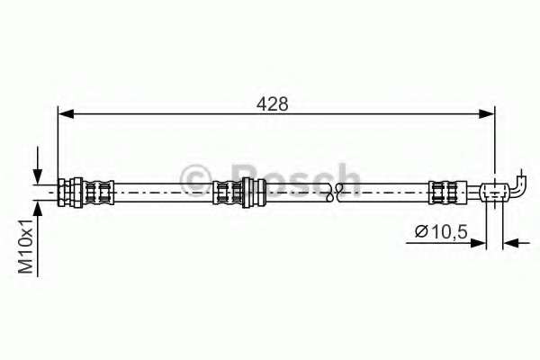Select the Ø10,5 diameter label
(x=441, y=232)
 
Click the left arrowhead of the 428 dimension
(x=65, y=112)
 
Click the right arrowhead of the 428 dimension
(x=486, y=112)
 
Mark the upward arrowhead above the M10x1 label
(x=37, y=209)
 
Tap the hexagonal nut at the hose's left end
(x=68, y=191)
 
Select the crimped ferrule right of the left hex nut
(x=96, y=191)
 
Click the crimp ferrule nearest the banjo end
(x=442, y=191)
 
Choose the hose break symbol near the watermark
(x=334, y=191)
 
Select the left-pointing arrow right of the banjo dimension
(x=510, y=241)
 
